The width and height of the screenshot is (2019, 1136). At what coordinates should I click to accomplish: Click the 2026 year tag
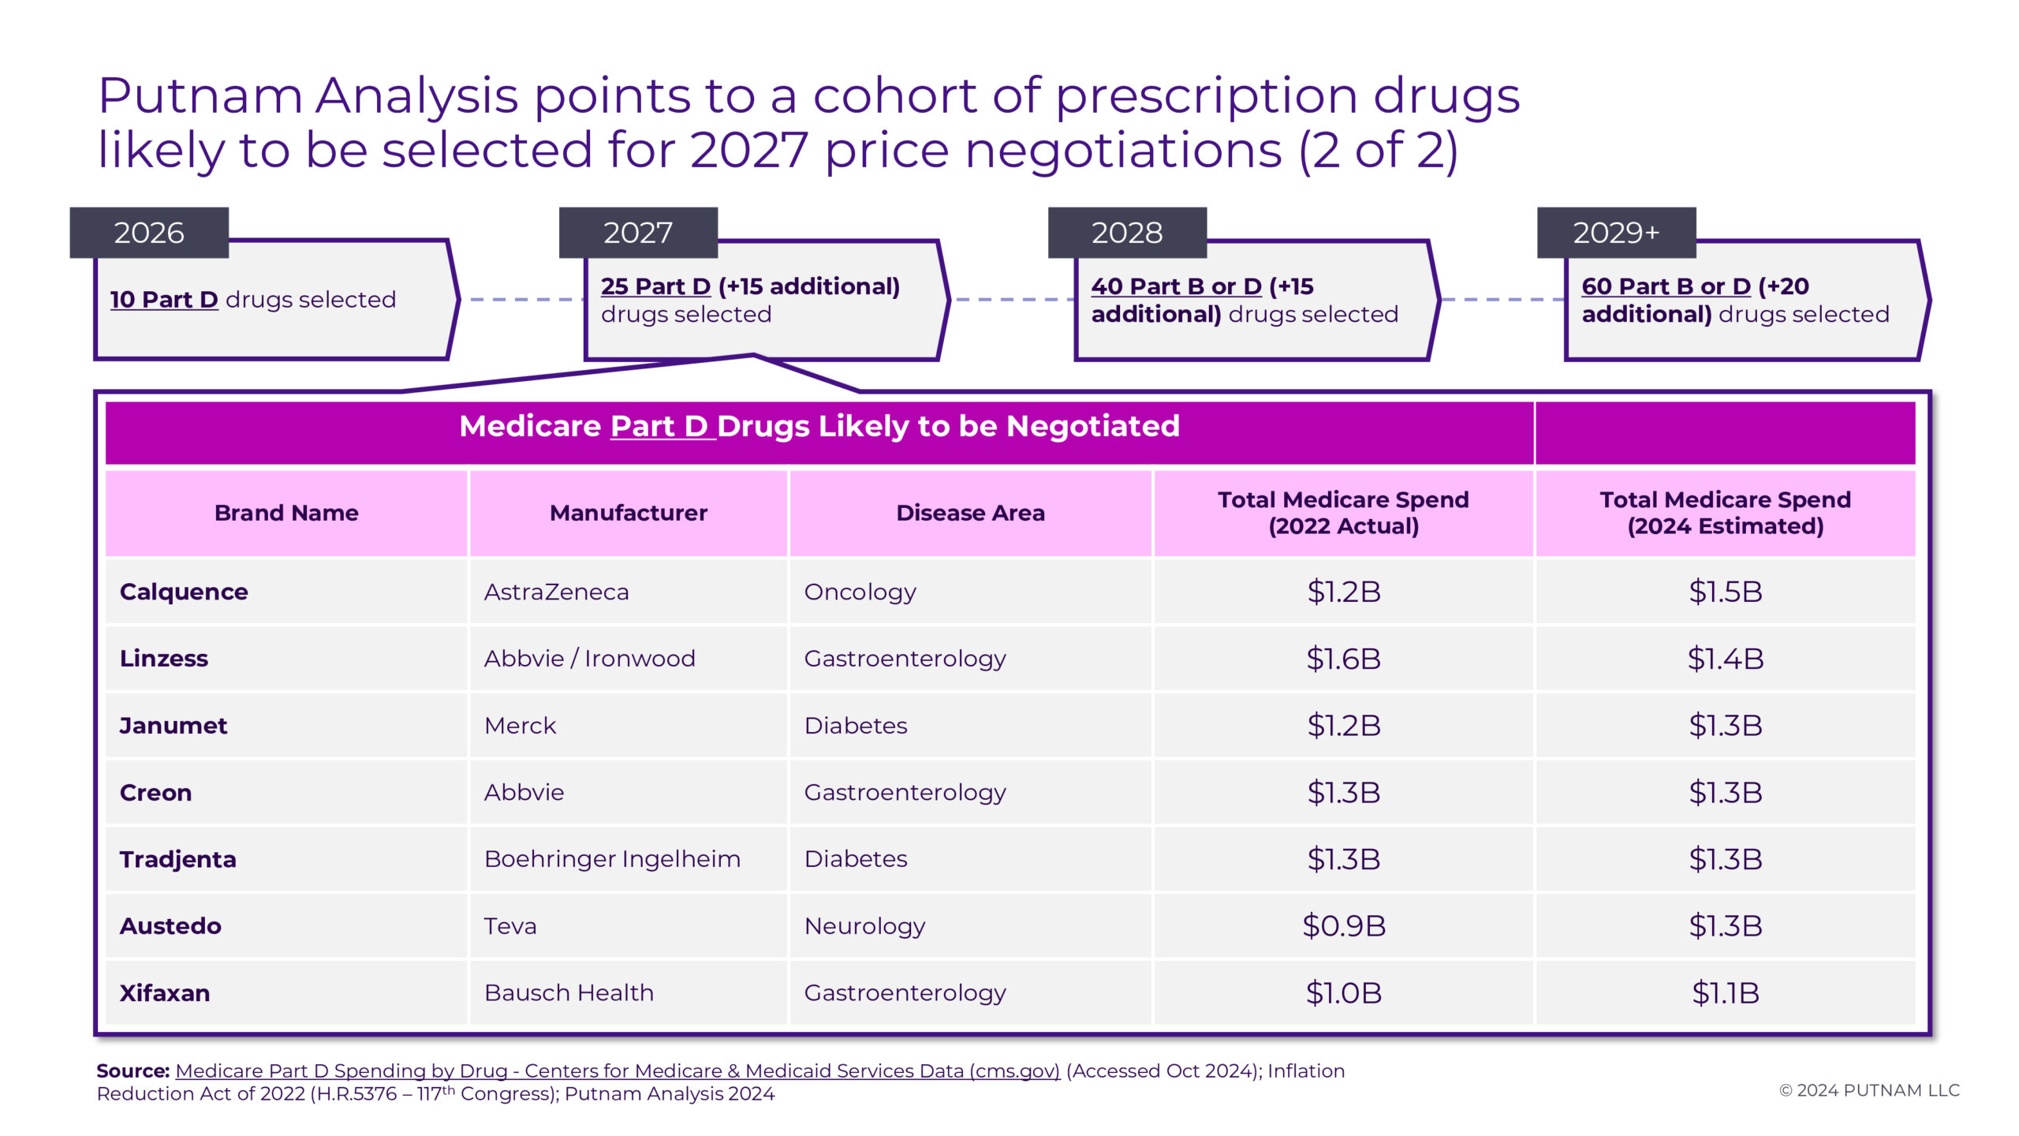(x=149, y=233)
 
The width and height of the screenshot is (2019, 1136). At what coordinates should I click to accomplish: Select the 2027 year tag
(x=638, y=233)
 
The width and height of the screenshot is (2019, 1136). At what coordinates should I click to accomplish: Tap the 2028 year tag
(x=1127, y=233)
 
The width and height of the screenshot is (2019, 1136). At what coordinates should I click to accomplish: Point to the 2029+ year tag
(x=1616, y=233)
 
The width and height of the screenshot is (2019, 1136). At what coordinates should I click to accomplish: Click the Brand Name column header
(x=286, y=513)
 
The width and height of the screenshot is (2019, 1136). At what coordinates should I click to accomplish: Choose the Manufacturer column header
(x=629, y=513)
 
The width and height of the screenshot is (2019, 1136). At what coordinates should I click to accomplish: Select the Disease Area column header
(x=970, y=513)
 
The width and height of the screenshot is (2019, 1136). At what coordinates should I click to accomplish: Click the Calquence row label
(x=184, y=592)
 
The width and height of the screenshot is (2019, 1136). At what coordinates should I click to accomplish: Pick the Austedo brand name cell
(x=170, y=926)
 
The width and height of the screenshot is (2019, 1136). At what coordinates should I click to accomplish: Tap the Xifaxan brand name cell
(x=165, y=992)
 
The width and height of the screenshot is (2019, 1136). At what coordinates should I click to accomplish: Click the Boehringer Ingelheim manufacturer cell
(x=612, y=859)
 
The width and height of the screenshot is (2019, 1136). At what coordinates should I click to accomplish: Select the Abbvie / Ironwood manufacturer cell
(x=589, y=659)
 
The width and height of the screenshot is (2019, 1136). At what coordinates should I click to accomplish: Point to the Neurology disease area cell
(x=864, y=926)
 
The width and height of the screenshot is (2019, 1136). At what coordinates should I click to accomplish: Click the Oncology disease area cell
(x=860, y=592)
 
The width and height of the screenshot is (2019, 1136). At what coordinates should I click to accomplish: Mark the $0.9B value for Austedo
(x=1343, y=926)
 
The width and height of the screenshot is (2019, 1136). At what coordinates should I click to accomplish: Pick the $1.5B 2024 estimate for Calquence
(x=1725, y=592)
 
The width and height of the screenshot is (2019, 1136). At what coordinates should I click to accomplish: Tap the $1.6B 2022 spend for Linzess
(x=1343, y=659)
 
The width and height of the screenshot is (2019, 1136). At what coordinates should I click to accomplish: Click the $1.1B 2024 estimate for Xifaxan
(x=1725, y=992)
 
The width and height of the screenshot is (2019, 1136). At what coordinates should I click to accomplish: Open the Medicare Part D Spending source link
(x=618, y=1071)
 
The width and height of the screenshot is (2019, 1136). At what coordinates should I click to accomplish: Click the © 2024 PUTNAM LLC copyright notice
(x=1869, y=1090)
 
